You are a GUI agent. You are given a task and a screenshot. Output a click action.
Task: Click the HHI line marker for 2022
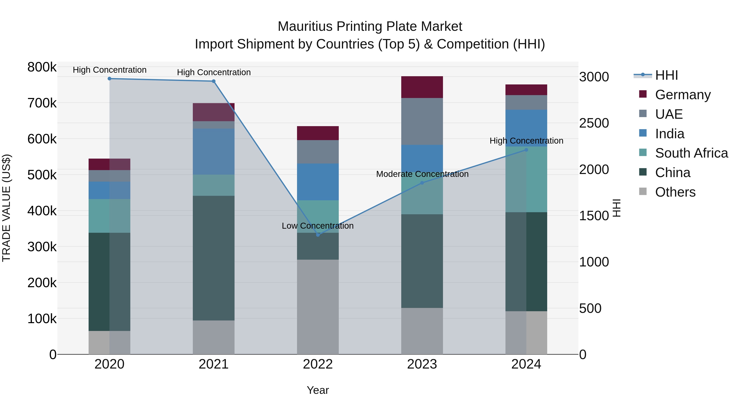pyautogui.click(x=318, y=235)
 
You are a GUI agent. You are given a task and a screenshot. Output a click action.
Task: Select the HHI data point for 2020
pyautogui.click(x=109, y=79)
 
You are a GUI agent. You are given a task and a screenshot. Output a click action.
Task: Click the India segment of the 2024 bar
pyautogui.click(x=526, y=128)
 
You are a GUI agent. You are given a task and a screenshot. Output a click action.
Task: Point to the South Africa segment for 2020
pyautogui.click(x=109, y=216)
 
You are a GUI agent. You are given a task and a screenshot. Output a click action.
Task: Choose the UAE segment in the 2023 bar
pyautogui.click(x=422, y=121)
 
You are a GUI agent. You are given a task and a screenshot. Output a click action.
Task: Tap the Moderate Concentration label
pyautogui.click(x=422, y=174)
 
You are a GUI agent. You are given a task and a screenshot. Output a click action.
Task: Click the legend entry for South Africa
pyautogui.click(x=691, y=153)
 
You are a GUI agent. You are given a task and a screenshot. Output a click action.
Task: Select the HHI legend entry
pyautogui.click(x=666, y=75)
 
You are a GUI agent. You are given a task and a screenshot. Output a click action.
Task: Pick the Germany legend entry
pyautogui.click(x=682, y=95)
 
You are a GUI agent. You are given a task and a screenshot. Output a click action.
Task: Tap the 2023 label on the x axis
pyautogui.click(x=422, y=364)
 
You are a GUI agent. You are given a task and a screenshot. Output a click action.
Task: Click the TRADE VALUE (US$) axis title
pyautogui.click(x=6, y=208)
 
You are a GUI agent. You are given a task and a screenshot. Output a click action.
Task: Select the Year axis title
pyautogui.click(x=318, y=390)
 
